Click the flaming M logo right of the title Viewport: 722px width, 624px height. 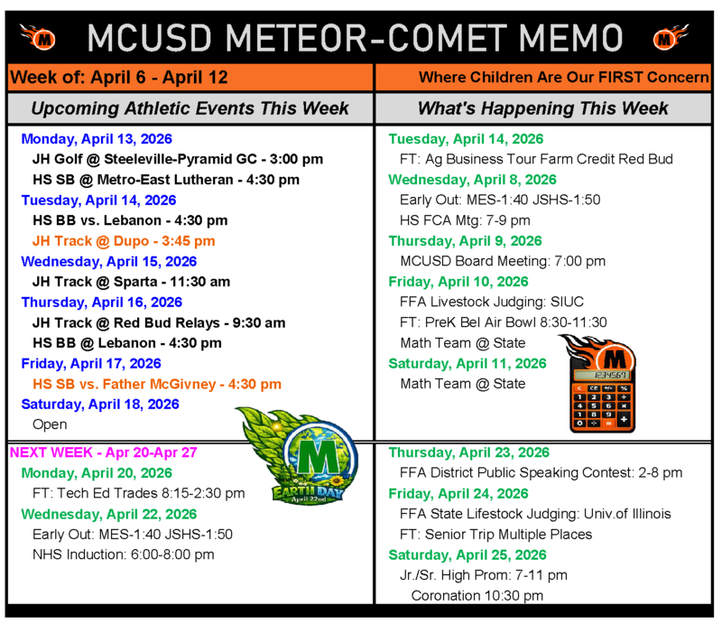click(x=666, y=37)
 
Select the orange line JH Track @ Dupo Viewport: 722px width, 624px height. click(x=124, y=241)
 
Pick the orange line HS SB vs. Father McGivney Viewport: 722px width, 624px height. click(x=156, y=384)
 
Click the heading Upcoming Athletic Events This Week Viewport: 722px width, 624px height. click(x=190, y=108)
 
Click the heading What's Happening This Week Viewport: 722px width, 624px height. click(x=542, y=108)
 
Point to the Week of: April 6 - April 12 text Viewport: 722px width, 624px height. click(x=118, y=78)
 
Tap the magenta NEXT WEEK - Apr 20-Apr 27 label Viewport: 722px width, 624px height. click(x=103, y=452)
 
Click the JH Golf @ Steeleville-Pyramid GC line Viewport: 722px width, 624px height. click(x=177, y=160)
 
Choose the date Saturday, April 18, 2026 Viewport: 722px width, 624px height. click(x=100, y=404)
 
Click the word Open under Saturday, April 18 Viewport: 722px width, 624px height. click(x=50, y=424)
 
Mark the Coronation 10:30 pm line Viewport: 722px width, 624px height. click(x=477, y=595)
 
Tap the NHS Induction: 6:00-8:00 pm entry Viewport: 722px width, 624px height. click(x=123, y=554)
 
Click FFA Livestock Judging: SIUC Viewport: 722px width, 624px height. click(x=490, y=302)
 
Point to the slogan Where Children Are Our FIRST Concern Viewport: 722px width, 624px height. click(x=564, y=78)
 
